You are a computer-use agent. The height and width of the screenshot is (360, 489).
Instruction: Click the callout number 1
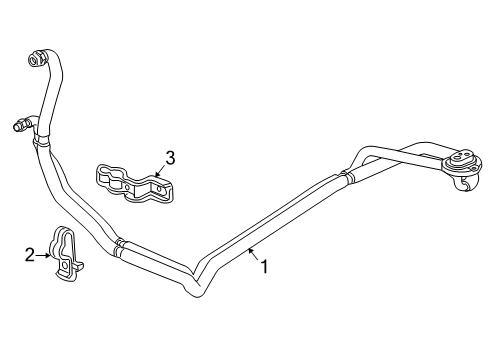[x=264, y=267]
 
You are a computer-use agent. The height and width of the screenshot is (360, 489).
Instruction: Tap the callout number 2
[x=30, y=255]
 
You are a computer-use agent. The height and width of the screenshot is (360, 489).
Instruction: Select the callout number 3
[x=170, y=158]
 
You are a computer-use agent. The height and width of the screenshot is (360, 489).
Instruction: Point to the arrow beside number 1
[x=254, y=255]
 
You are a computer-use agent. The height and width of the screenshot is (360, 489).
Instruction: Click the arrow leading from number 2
[x=43, y=255]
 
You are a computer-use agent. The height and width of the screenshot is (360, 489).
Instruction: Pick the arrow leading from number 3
[x=160, y=171]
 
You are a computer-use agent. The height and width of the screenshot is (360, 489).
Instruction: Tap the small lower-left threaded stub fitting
[x=21, y=124]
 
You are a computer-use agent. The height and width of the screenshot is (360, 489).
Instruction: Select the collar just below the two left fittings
[x=41, y=140]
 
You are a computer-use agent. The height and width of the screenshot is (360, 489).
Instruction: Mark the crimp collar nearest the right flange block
[x=347, y=176]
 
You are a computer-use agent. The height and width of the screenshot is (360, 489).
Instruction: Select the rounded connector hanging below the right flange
[x=465, y=184]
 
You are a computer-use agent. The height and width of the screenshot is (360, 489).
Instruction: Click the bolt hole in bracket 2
[x=65, y=265]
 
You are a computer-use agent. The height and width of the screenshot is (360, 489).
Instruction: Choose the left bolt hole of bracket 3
[x=127, y=186]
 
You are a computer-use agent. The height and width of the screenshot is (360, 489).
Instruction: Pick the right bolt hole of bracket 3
[x=159, y=190]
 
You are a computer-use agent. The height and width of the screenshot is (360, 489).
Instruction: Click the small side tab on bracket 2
[x=79, y=266]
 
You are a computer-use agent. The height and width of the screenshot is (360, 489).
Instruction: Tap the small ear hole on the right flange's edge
[x=474, y=169]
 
